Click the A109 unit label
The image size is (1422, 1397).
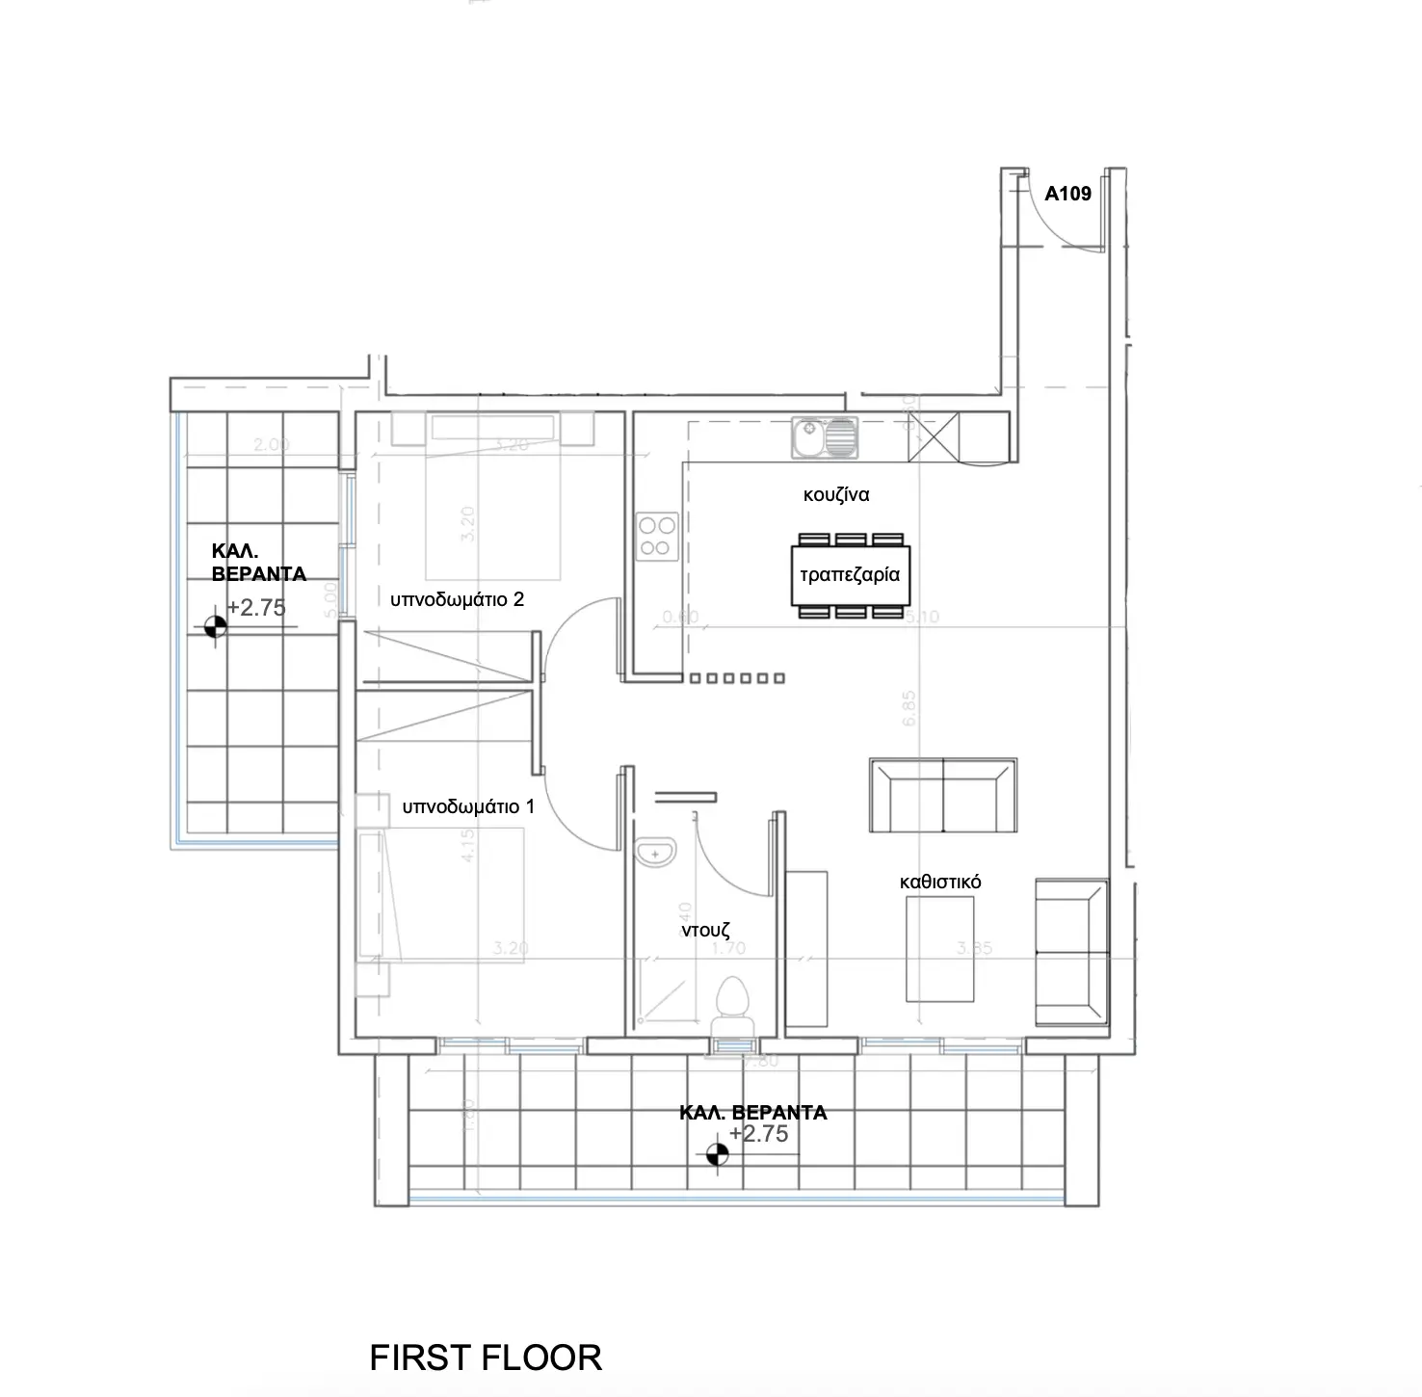[x=1067, y=194]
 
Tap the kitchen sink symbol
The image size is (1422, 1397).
[x=824, y=437]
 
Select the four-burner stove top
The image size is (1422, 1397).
[x=657, y=537]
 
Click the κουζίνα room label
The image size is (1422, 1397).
[x=836, y=495]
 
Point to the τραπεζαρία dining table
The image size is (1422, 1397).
[x=850, y=575]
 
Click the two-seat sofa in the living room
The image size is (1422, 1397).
[x=942, y=796]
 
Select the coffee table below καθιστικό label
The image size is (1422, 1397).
[x=938, y=949]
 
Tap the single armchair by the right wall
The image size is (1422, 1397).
[x=1069, y=951]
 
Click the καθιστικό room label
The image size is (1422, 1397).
[x=939, y=882]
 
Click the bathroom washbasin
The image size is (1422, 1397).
[x=656, y=853]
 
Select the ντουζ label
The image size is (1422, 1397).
[x=706, y=931]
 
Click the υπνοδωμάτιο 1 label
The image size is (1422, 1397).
[x=468, y=806]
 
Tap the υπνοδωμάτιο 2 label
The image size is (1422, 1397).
[x=457, y=599]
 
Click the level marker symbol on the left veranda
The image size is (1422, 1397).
[x=215, y=626]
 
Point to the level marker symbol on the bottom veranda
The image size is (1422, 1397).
[x=717, y=1153]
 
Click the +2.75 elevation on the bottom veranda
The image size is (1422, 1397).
[x=759, y=1134]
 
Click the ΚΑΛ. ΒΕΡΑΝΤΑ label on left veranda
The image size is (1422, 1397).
[x=258, y=563]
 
